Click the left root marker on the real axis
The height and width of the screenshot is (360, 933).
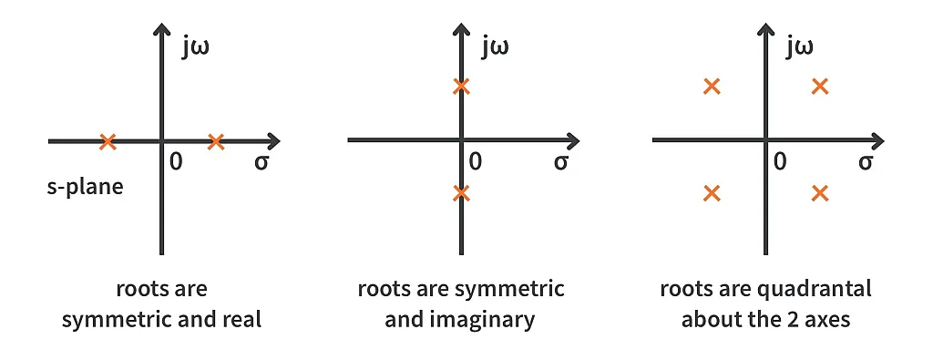pos(108,141)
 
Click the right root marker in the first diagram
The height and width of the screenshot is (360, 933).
pos(215,141)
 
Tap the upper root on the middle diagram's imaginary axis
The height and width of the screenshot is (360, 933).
pos(462,87)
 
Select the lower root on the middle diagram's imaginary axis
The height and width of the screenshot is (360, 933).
pos(462,192)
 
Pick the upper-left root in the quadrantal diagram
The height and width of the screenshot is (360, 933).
pos(713,87)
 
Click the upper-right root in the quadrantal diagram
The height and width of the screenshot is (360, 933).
pos(820,87)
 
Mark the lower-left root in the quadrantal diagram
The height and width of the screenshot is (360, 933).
pos(713,192)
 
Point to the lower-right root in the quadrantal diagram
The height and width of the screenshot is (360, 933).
pos(820,192)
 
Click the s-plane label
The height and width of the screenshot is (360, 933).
pos(85,190)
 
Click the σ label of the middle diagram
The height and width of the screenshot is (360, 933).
pos(561,163)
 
